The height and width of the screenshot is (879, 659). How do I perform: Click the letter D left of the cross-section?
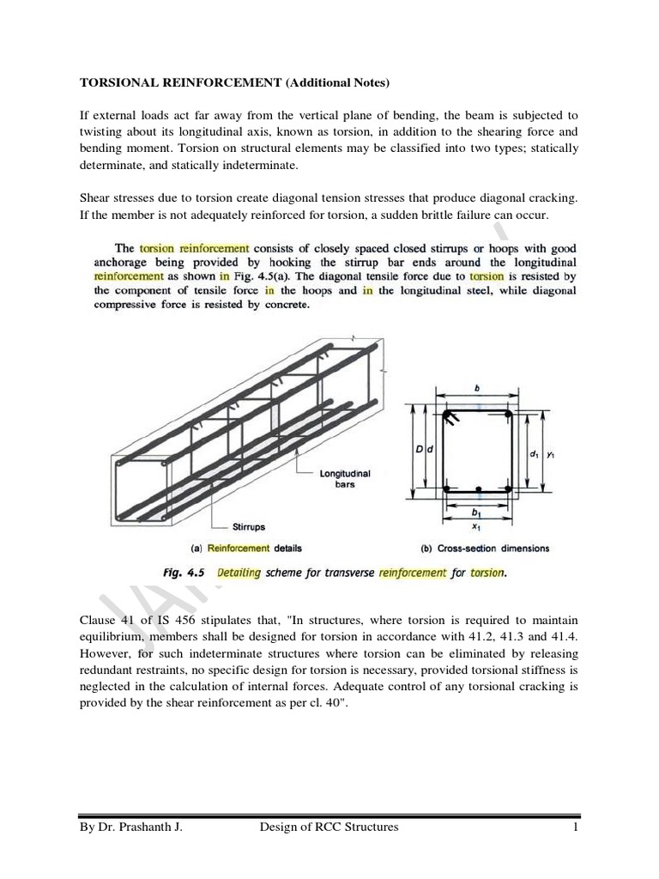tap(419, 449)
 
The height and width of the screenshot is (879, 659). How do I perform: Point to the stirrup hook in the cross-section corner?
tap(451, 418)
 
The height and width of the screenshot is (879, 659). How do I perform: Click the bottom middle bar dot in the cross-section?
tap(477, 489)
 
